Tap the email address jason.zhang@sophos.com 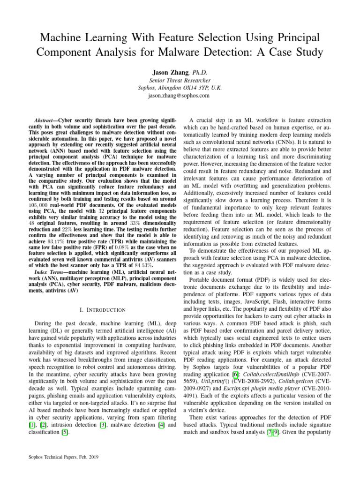pyautogui.click(x=180, y=96)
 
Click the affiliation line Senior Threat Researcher pyautogui.click(x=180, y=81)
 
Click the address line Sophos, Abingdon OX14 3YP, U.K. pyautogui.click(x=180, y=88)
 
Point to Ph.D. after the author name pyautogui.click(x=198, y=73)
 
